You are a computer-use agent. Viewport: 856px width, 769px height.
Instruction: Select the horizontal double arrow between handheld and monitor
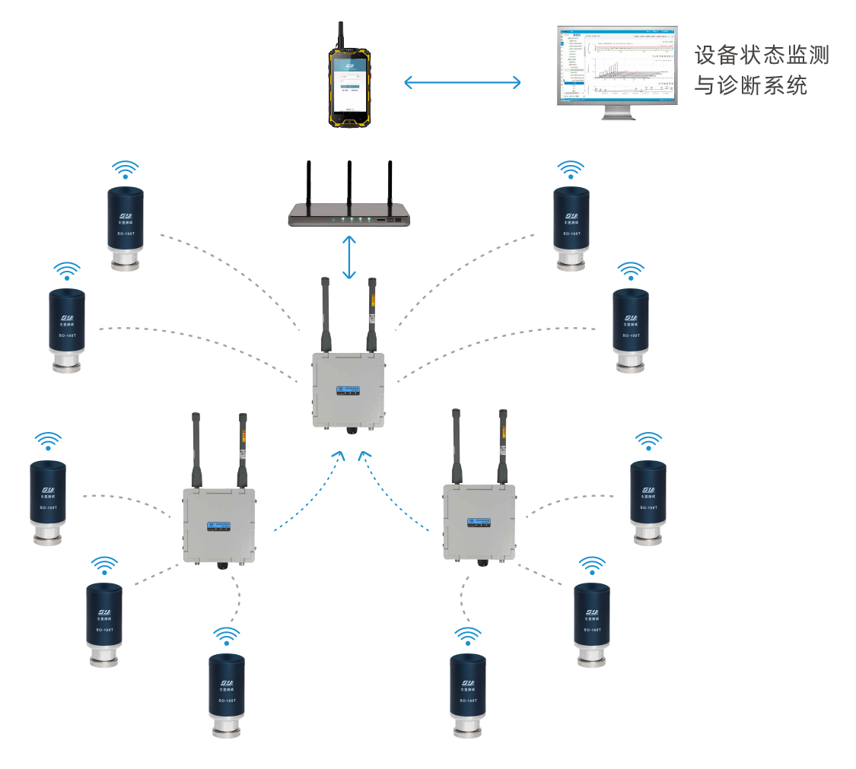pos(463,81)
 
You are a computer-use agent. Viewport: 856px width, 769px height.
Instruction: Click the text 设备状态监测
pos(762,56)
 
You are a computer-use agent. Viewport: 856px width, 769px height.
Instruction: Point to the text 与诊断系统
pos(750,86)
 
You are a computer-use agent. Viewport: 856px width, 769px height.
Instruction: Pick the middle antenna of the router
pos(348,186)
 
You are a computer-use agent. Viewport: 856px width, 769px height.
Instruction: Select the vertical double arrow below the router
pos(349,258)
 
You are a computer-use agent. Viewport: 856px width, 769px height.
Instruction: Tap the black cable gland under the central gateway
pos(351,430)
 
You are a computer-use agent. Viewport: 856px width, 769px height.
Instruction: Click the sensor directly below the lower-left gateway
pos(227,692)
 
